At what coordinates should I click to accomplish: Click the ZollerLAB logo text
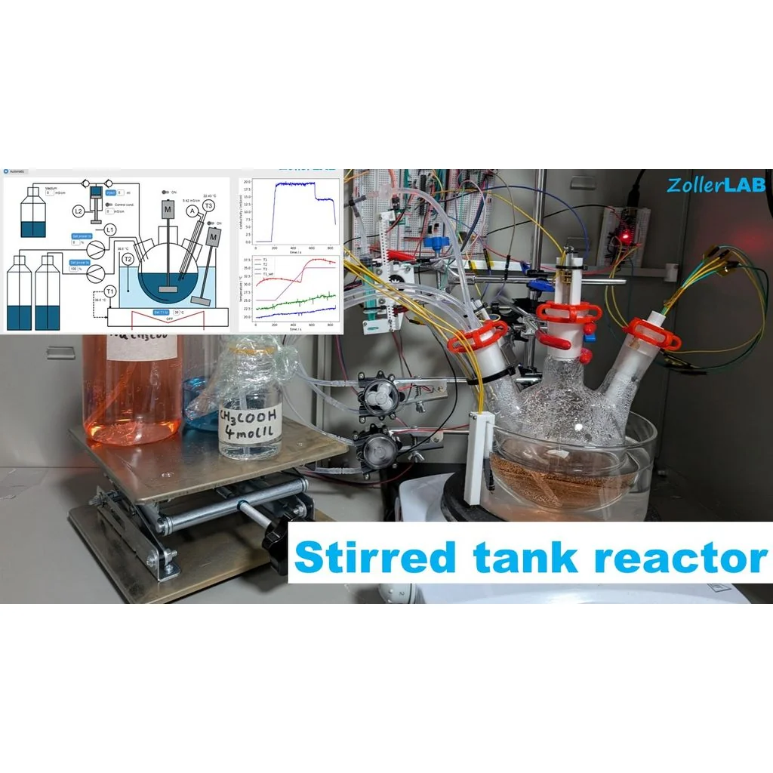pyautogui.click(x=716, y=185)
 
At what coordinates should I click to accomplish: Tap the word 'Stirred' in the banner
pyautogui.click(x=374, y=558)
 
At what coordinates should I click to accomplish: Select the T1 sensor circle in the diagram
pyautogui.click(x=110, y=291)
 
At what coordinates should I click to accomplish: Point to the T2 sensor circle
pyautogui.click(x=128, y=259)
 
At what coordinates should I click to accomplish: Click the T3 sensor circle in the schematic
pyautogui.click(x=209, y=205)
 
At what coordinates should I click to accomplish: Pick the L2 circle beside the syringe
pyautogui.click(x=79, y=211)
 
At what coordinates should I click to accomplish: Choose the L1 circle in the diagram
pyautogui.click(x=110, y=229)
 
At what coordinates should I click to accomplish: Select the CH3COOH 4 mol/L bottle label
pyautogui.click(x=248, y=429)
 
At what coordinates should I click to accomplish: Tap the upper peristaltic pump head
pyautogui.click(x=376, y=394)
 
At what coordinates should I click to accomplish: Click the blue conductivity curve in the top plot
pyautogui.click(x=295, y=184)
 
